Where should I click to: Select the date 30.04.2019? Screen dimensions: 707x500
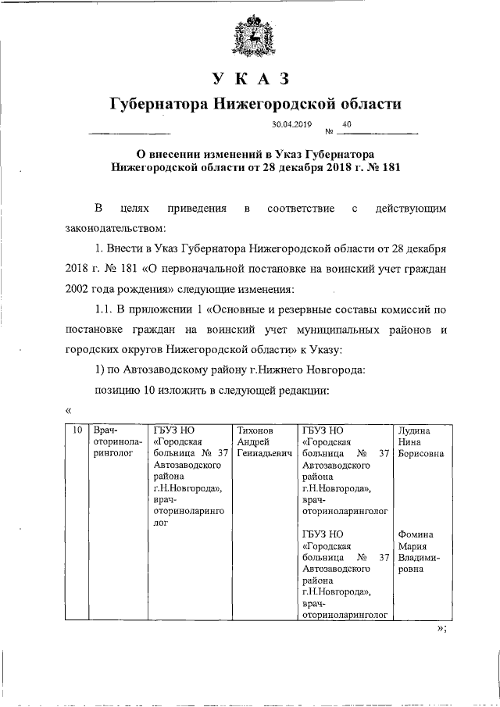(x=291, y=124)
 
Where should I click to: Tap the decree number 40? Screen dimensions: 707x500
(x=346, y=124)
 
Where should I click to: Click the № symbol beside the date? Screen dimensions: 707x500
(x=328, y=130)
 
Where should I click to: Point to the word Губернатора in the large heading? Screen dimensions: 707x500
(x=156, y=104)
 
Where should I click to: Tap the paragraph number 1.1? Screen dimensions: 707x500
(x=105, y=310)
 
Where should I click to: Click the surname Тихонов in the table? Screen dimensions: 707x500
(x=255, y=430)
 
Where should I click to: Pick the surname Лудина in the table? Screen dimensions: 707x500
(x=414, y=430)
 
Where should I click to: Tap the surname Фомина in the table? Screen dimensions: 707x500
(x=416, y=534)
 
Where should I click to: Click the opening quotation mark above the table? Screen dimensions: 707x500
(x=69, y=409)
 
